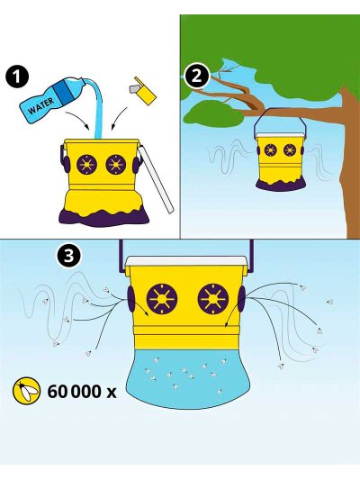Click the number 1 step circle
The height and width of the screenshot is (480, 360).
(x=17, y=77)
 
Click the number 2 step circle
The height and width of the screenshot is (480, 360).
(x=197, y=76)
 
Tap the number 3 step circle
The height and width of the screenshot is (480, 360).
(x=68, y=255)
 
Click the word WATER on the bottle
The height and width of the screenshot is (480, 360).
(x=40, y=105)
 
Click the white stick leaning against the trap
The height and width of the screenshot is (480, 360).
(x=156, y=179)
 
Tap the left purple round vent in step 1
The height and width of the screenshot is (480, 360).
(x=87, y=165)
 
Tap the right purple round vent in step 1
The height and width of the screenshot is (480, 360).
(x=115, y=165)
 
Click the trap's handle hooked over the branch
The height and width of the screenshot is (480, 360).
(x=279, y=117)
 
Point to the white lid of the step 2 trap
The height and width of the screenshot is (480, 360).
(x=280, y=135)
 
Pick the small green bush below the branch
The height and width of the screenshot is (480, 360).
(x=214, y=113)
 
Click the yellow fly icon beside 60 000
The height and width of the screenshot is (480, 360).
(x=27, y=391)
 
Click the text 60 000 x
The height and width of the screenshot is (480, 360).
(x=82, y=392)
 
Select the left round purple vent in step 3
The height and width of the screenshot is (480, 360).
(x=162, y=299)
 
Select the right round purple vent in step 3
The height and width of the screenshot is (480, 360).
(x=213, y=299)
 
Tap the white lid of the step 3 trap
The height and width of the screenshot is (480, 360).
(x=187, y=262)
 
